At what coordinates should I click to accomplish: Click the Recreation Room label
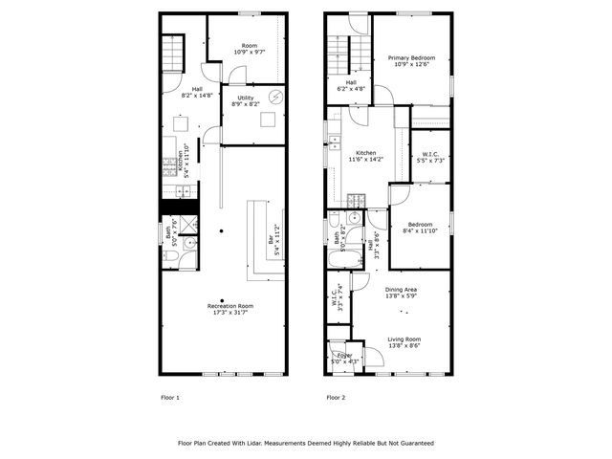222,306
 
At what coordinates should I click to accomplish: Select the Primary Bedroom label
411,58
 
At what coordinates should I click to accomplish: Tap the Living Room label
403,339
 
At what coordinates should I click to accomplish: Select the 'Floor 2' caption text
336,397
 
